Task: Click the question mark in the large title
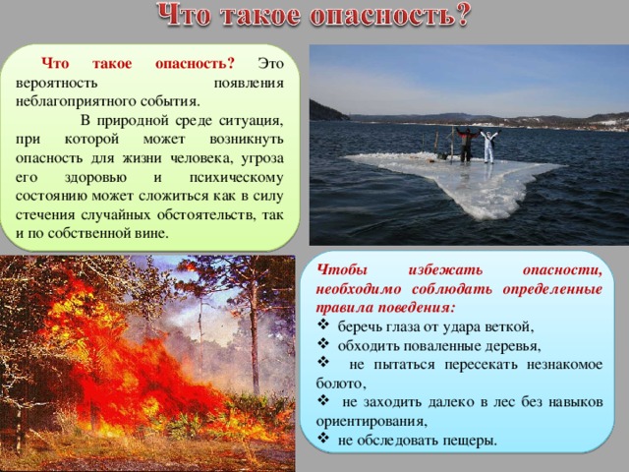pos(460,16)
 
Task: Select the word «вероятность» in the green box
pos(57,83)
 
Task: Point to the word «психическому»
pos(236,177)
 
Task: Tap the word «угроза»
pos(262,158)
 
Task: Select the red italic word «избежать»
pos(445,270)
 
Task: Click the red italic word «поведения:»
pos(416,308)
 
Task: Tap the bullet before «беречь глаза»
pos(323,324)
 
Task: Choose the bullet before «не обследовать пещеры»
pos(323,437)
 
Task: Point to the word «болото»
pos(339,383)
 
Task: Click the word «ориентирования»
pos(370,422)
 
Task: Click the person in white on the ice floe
pos(488,147)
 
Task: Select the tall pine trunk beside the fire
pos(255,333)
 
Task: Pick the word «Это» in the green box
pos(271,63)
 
